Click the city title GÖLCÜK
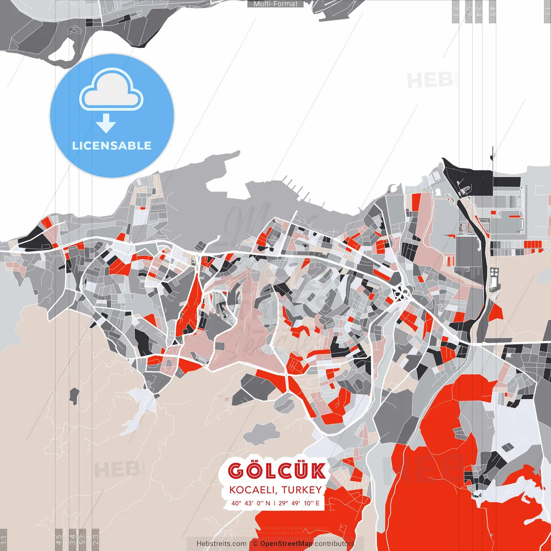pyautogui.click(x=277, y=471)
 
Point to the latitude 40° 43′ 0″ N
pyautogui.click(x=251, y=503)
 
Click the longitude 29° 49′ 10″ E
pyautogui.click(x=299, y=503)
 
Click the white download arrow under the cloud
pyautogui.click(x=106, y=123)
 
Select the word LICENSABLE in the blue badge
pyautogui.click(x=112, y=145)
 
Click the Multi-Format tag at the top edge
pyautogui.click(x=275, y=4)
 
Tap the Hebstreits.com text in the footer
pyautogui.click(x=221, y=544)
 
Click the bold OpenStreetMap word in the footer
pyautogui.click(x=286, y=544)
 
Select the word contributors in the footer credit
pyautogui.click(x=334, y=544)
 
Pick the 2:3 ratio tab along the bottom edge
pyautogui.click(x=96, y=539)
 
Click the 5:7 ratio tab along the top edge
pyautogui.click(x=468, y=11)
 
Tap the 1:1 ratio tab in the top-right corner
pyautogui.click(x=547, y=11)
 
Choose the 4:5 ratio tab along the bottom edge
pyautogui.click(x=59, y=539)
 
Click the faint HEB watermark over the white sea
pyautogui.click(x=430, y=80)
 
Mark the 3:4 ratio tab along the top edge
pyautogui.click(x=478, y=11)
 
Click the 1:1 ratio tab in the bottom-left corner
pyautogui.click(x=3, y=539)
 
